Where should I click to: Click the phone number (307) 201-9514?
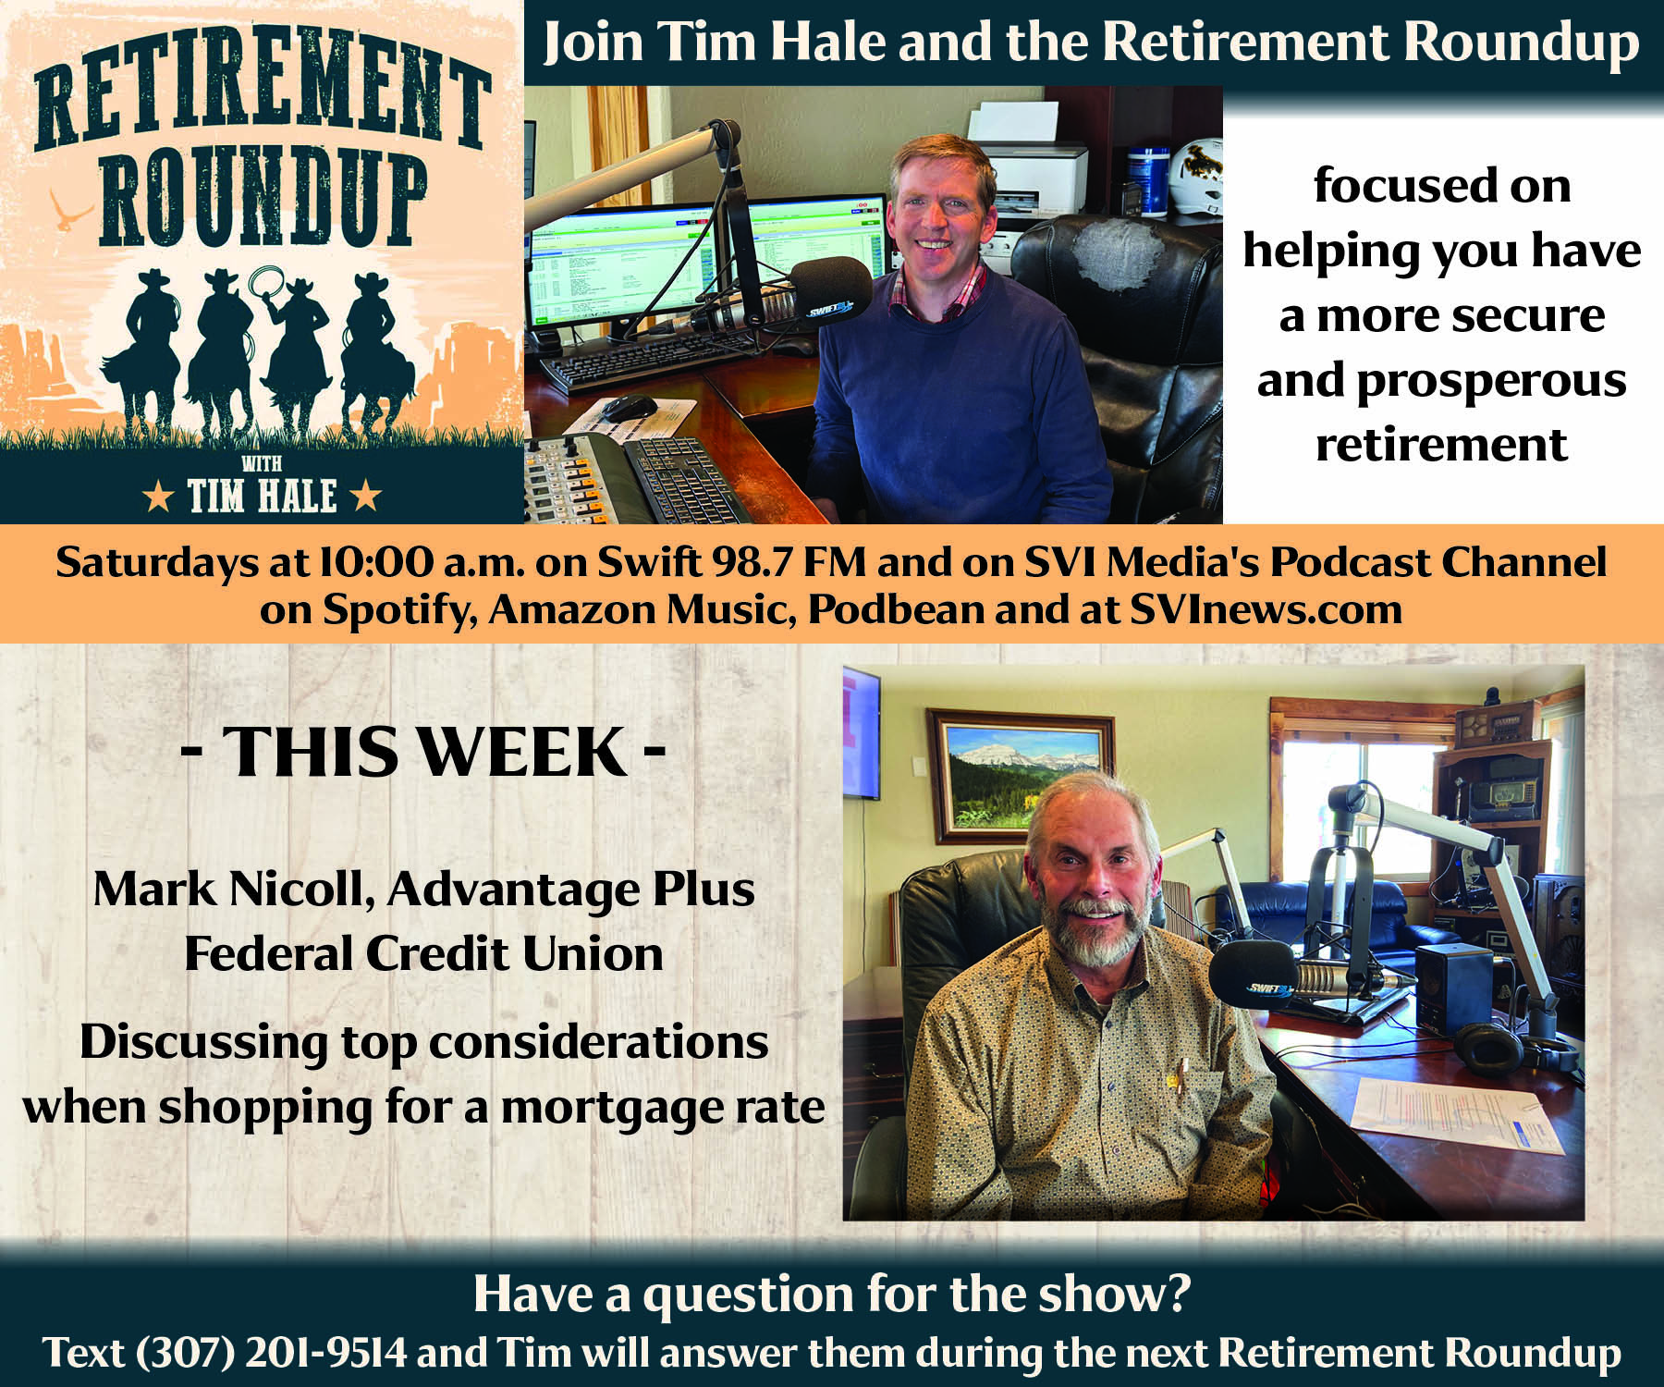271,1352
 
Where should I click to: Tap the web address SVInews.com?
1266,609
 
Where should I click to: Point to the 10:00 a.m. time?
422,561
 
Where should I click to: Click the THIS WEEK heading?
423,751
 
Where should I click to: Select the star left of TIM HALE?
158,497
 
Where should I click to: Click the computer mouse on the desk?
630,407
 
